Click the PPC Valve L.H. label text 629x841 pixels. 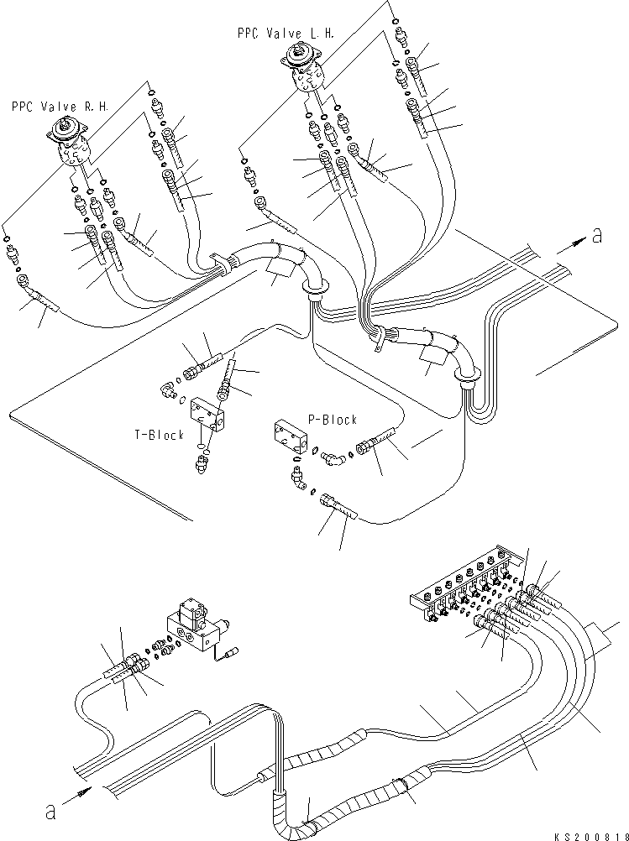click(x=286, y=34)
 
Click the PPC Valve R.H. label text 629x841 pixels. click(x=60, y=107)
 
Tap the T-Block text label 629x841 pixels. click(x=159, y=435)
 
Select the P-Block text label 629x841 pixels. click(x=333, y=420)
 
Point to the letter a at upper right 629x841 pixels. click(x=597, y=235)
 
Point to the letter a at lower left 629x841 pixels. click(x=50, y=812)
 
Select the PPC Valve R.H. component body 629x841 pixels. click(x=71, y=141)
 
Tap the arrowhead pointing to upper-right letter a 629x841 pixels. click(x=579, y=243)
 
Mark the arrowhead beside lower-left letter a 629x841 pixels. click(x=84, y=791)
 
